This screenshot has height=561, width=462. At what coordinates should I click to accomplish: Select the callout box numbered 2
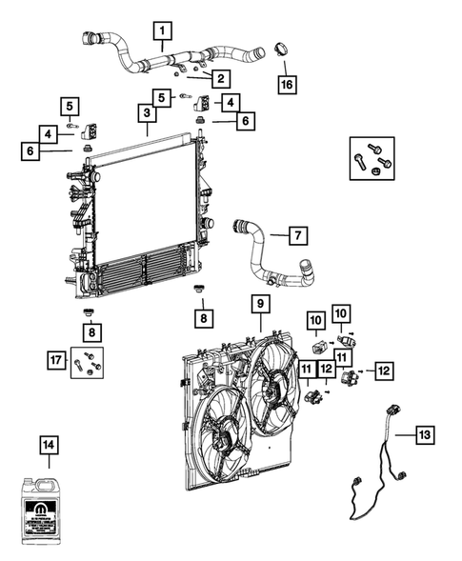coord(220,78)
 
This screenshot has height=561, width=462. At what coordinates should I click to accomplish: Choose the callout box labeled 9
coord(259,304)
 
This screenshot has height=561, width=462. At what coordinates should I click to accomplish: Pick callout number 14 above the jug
coord(49,443)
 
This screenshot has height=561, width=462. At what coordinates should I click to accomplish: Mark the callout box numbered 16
coord(284,84)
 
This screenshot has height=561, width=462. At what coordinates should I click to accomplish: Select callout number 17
coord(58,358)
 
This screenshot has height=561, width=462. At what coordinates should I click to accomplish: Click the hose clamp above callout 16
coord(281,48)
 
